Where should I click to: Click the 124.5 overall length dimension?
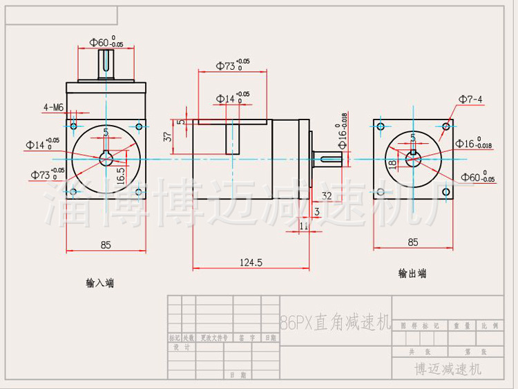(x=250, y=263)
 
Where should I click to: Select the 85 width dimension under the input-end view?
(x=106, y=245)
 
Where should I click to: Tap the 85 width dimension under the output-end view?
(x=412, y=243)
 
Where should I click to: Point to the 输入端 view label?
(x=100, y=283)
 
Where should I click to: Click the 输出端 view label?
(x=412, y=274)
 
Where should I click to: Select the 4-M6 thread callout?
(x=53, y=108)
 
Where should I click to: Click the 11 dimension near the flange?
(x=304, y=225)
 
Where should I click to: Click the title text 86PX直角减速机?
(x=336, y=322)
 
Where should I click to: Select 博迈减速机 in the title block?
(x=448, y=369)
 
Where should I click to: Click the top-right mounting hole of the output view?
(x=446, y=126)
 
